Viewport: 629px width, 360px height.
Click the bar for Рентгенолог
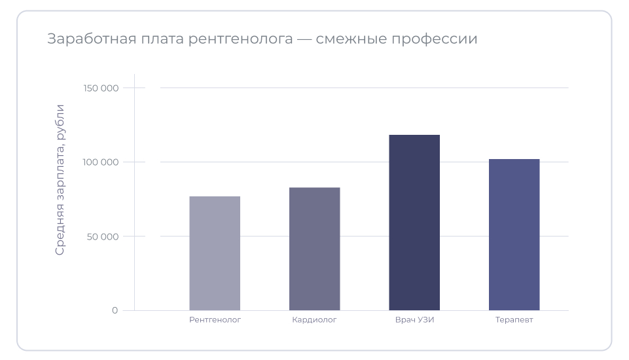215,253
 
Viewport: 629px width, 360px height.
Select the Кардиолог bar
314,249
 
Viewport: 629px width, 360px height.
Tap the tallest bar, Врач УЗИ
414,223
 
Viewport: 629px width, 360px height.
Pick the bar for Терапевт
514,234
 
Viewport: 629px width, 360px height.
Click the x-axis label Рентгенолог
215,320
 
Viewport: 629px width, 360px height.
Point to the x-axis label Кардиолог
314,320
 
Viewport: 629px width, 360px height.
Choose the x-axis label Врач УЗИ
414,320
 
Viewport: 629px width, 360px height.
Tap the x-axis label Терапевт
514,320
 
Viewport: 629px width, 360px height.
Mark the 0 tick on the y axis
115,310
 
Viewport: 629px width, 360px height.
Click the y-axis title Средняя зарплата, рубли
60,180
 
